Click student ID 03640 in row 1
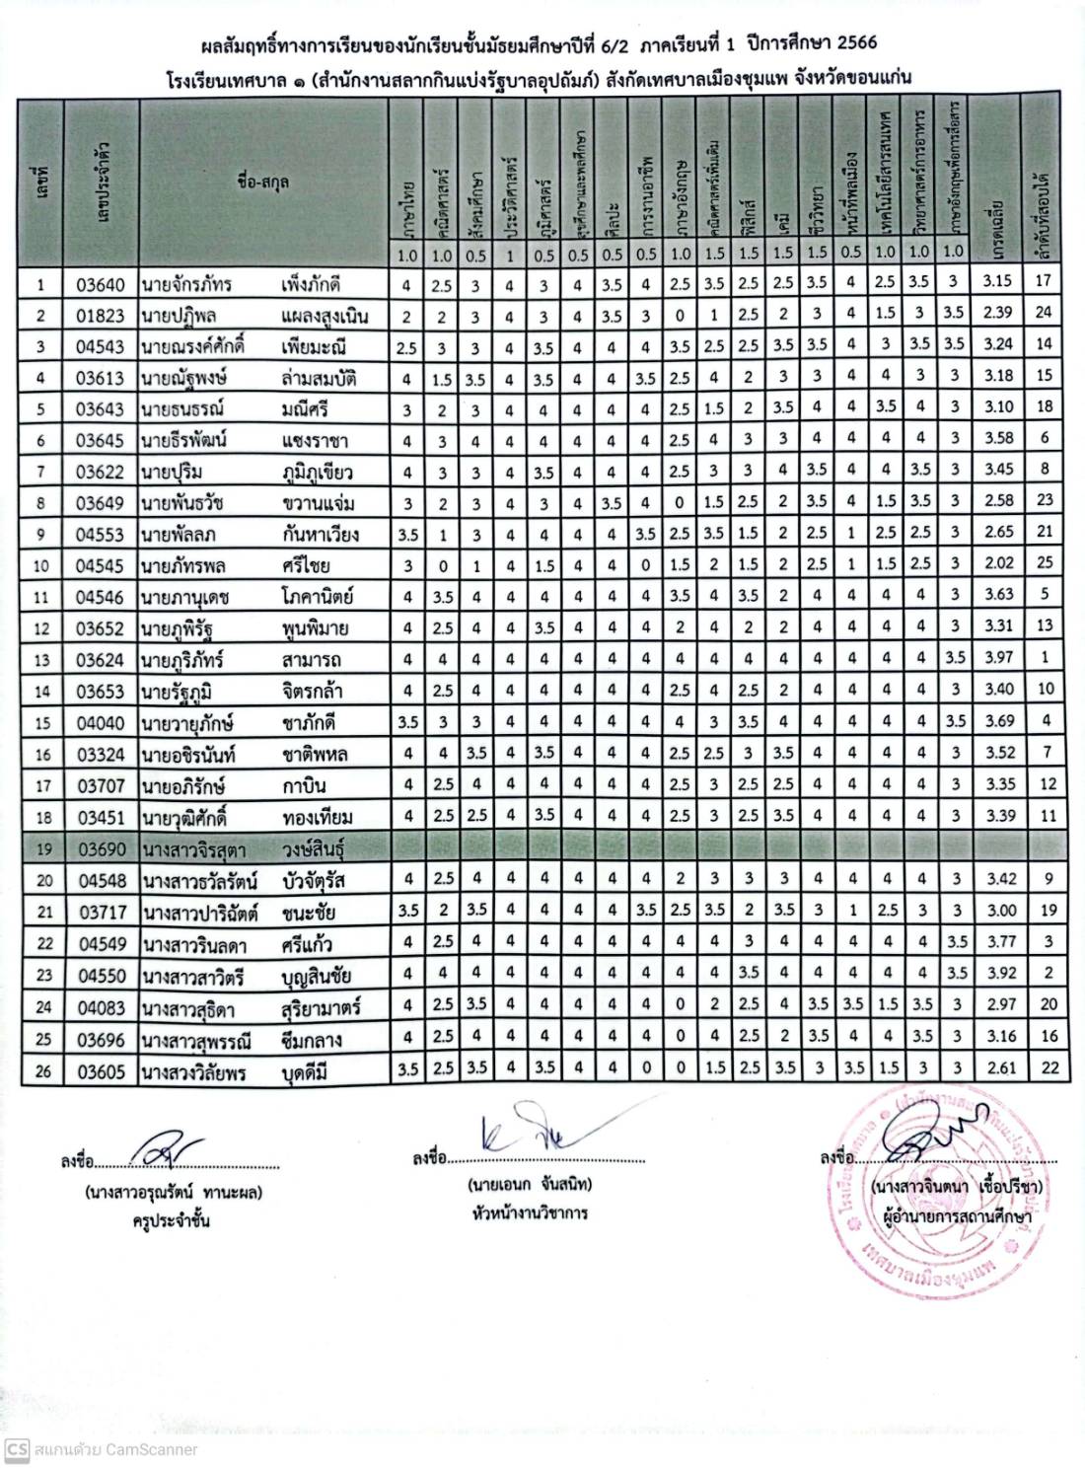[x=101, y=285]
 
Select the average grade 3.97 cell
[x=998, y=657]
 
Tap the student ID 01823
[x=101, y=317]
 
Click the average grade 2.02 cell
[x=998, y=563]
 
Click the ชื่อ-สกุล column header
[x=262, y=182]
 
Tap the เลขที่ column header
[x=41, y=182]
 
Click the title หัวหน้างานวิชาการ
[x=530, y=1212]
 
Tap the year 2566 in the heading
[x=853, y=43]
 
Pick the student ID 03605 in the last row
[x=101, y=1071]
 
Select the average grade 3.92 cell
[x=998, y=973]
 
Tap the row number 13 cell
[x=41, y=659]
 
